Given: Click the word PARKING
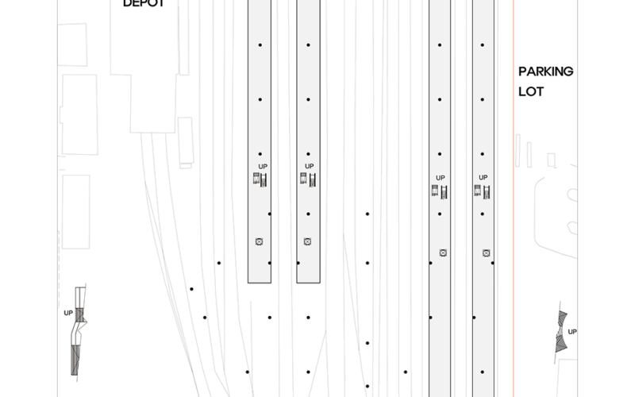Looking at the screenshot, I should (x=546, y=71).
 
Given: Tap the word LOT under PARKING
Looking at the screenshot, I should (x=531, y=91).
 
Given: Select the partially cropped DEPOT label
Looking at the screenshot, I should (x=144, y=3).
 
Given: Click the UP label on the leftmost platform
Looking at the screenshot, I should (x=264, y=166).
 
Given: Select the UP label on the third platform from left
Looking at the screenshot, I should (x=441, y=178).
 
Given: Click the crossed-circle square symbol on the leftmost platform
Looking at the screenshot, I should (x=260, y=241).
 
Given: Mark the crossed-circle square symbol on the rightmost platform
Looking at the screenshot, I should (x=487, y=253).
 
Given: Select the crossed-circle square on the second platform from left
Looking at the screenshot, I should (x=307, y=241).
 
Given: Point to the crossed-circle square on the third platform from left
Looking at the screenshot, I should (x=443, y=253).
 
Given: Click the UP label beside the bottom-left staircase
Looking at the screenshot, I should (x=68, y=313).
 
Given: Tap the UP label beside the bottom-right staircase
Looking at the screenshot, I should (x=572, y=332).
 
